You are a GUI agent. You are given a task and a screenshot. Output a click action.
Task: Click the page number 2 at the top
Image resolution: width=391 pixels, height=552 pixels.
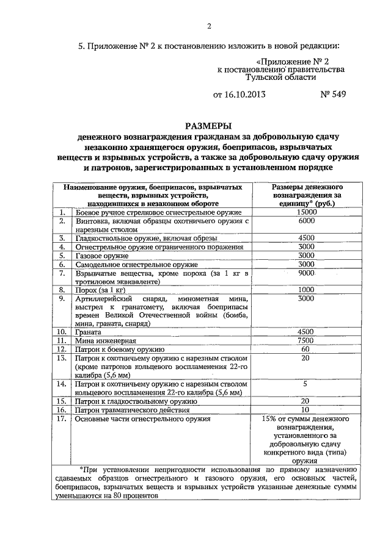point(208,26)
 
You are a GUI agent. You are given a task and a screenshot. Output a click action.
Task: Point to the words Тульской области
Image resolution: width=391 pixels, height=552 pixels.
point(280,79)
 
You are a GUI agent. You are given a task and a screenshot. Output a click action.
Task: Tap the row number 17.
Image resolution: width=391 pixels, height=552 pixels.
point(60,419)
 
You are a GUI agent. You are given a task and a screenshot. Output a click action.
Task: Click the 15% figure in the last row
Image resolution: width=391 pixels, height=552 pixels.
point(269,419)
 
